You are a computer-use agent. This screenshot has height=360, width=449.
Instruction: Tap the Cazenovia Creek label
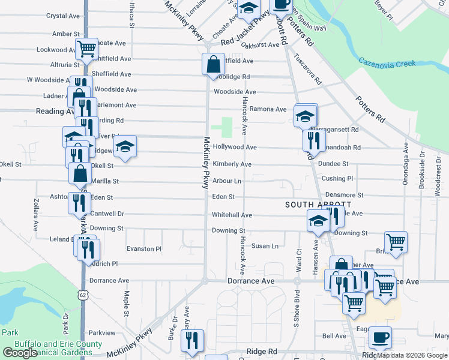(x=387, y=62)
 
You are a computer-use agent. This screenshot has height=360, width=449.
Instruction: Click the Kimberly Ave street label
(x=231, y=164)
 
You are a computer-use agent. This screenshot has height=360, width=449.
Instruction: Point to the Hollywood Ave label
(x=234, y=147)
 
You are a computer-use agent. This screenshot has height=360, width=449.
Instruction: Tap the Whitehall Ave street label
(x=231, y=215)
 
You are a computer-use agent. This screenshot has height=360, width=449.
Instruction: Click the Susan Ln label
(x=265, y=246)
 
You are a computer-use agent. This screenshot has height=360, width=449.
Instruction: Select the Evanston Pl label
(x=144, y=248)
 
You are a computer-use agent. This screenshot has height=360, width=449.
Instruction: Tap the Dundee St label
(x=334, y=164)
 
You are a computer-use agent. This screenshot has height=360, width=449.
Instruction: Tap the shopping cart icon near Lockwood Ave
(x=87, y=47)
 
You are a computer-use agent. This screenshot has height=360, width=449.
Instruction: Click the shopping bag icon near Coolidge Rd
(x=214, y=63)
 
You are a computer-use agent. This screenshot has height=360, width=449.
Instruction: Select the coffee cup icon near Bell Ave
(x=379, y=337)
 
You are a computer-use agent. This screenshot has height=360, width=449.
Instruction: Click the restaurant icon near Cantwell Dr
(x=79, y=203)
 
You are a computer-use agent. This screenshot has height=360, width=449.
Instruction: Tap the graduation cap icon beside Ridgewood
(x=125, y=146)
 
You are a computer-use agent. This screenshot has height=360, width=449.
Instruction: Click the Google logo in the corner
(x=19, y=353)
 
